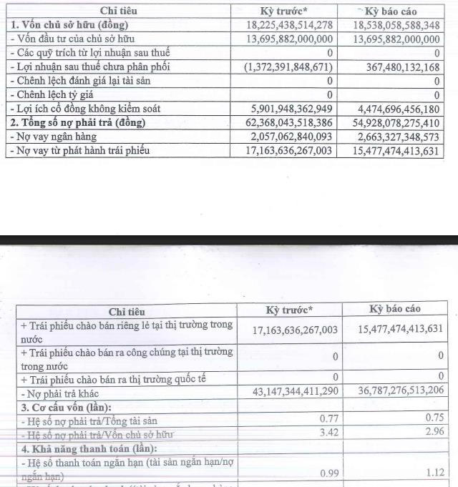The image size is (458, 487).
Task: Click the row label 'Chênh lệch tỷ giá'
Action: [57, 94]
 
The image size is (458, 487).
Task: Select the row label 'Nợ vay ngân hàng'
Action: [55, 137]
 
